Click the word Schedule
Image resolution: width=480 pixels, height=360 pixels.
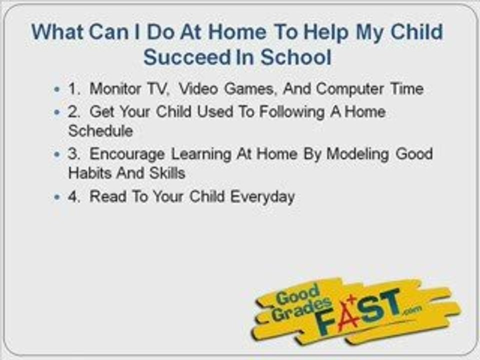(100, 131)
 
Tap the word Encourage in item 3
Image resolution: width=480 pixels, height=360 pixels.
(128, 153)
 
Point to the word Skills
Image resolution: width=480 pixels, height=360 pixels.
(167, 173)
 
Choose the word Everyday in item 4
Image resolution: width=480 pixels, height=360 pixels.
(262, 196)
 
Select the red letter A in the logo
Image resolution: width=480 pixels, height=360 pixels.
(348, 314)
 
